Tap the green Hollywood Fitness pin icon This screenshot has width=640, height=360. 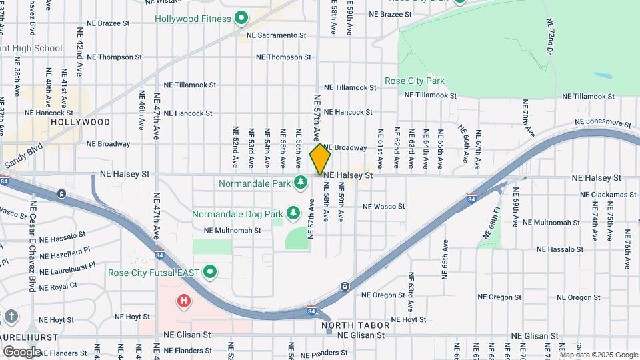241,18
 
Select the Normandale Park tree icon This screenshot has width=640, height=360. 301,182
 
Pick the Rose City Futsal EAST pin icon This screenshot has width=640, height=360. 211,271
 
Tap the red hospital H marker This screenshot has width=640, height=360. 183,301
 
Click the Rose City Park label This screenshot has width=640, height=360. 414,81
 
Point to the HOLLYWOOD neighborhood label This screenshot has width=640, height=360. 80,122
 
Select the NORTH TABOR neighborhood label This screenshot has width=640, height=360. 355,325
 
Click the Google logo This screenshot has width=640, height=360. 22,351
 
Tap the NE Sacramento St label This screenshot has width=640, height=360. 275,34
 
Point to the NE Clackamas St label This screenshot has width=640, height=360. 608,195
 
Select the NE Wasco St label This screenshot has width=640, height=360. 383,207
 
